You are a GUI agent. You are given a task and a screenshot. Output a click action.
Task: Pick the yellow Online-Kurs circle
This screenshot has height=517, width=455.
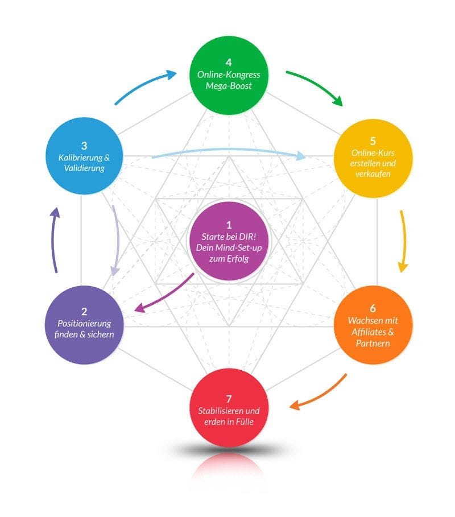click(373, 159)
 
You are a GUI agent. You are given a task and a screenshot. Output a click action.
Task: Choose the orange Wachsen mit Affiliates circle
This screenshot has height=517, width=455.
click(373, 325)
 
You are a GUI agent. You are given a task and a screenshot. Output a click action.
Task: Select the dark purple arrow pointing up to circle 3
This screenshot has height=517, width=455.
click(54, 239)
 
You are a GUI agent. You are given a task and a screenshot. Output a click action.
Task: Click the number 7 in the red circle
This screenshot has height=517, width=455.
click(228, 398)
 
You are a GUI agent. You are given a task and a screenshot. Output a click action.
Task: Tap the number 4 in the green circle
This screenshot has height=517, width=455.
click(228, 62)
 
